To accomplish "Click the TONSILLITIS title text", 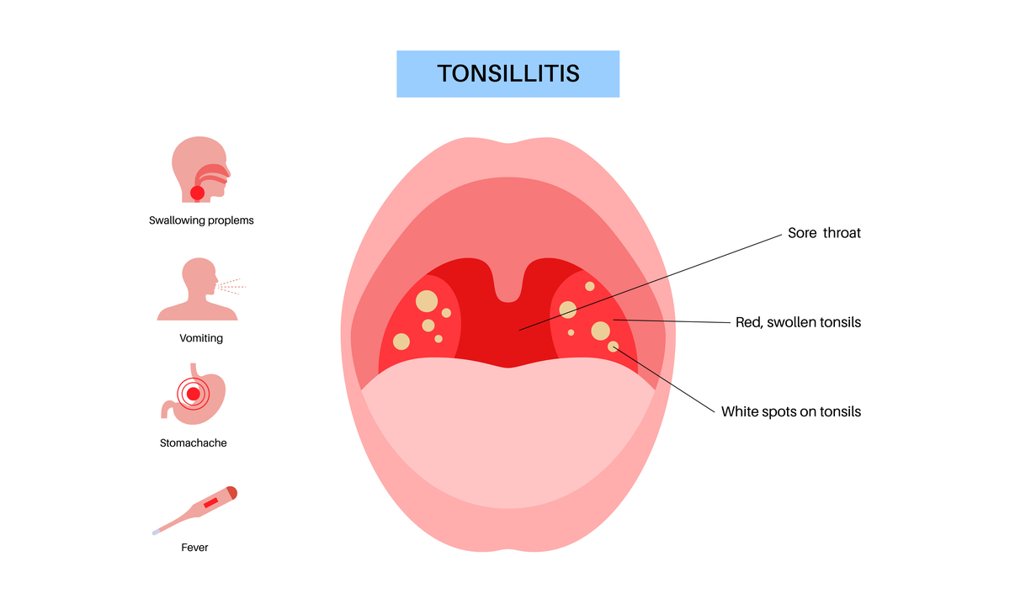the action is (x=508, y=73).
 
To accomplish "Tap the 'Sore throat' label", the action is (x=824, y=233).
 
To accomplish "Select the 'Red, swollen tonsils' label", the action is (x=798, y=322).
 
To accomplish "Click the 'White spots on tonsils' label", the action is (x=791, y=411).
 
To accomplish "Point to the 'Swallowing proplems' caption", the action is (x=201, y=220).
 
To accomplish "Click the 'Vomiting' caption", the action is (x=201, y=338).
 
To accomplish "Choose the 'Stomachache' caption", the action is (x=193, y=443).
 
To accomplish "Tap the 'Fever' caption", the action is (x=194, y=547).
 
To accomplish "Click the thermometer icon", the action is (x=194, y=511).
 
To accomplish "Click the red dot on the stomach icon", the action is (x=194, y=394).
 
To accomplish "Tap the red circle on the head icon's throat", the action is (x=197, y=193).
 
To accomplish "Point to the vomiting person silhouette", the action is (x=197, y=289).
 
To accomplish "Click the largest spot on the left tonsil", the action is (x=427, y=301).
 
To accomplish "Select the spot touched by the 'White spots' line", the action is (x=613, y=347).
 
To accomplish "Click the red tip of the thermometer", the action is (x=232, y=492).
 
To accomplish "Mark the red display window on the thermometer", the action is (x=210, y=502).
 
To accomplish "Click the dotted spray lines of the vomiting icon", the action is (x=231, y=287).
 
